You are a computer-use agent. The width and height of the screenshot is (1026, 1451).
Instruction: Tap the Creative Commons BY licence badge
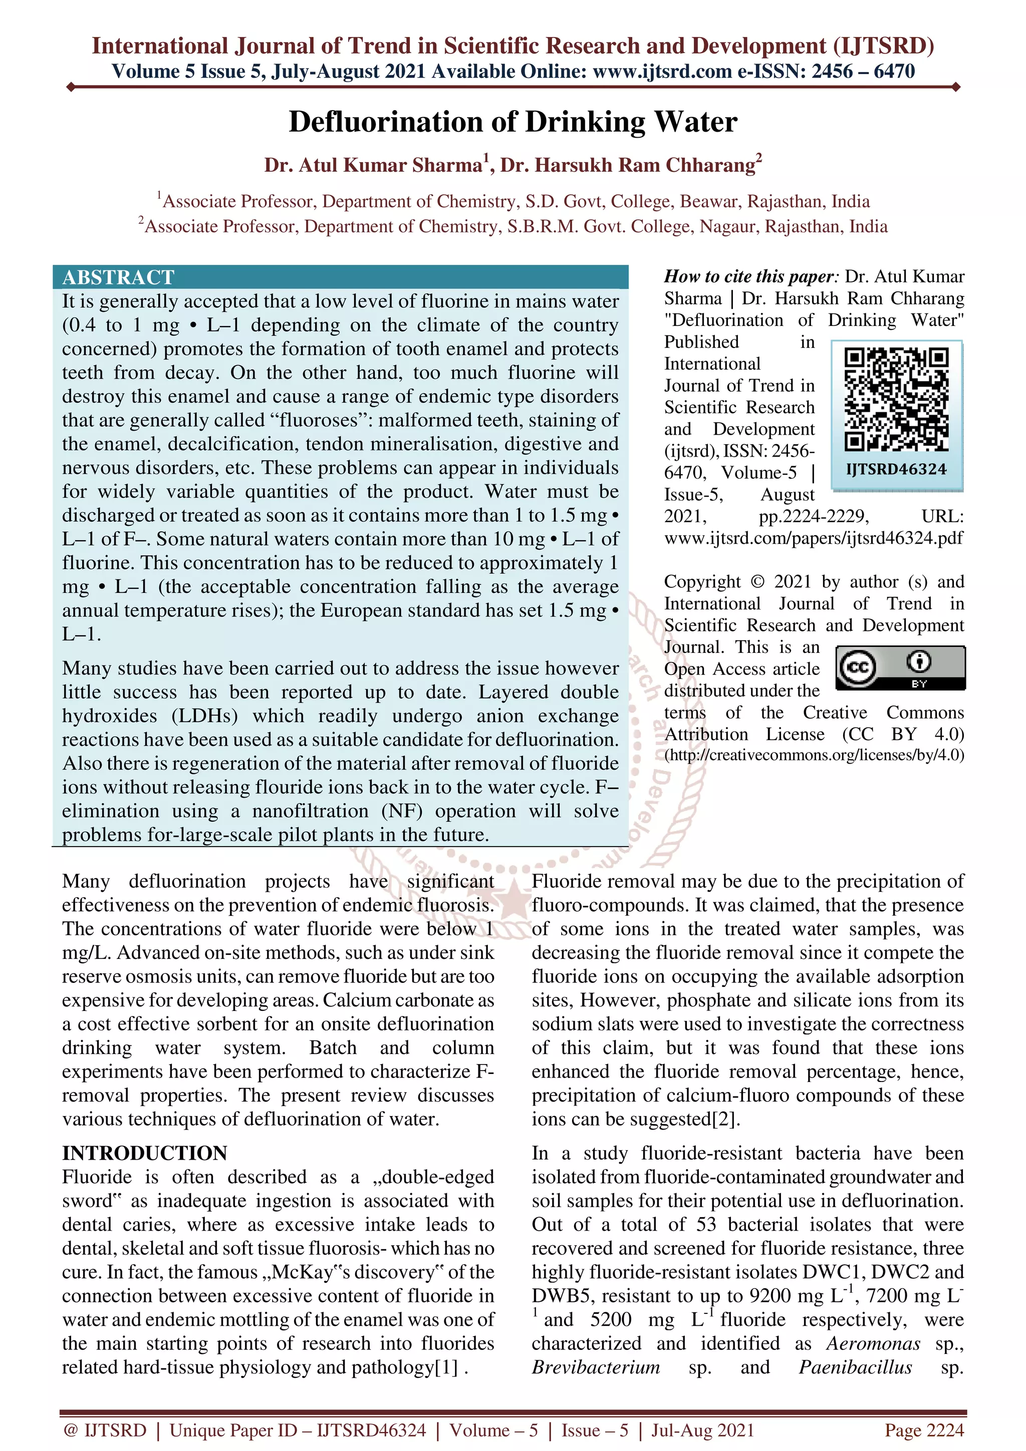coord(900,667)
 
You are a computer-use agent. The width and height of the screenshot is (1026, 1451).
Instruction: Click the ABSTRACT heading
coord(118,277)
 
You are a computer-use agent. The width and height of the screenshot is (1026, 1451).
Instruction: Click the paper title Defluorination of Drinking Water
coord(512,122)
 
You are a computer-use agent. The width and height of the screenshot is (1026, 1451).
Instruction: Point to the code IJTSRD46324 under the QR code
coord(896,470)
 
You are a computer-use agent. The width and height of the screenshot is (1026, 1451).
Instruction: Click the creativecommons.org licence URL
coord(814,755)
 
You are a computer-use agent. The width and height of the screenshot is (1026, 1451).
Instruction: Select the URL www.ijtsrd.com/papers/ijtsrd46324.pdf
coord(814,538)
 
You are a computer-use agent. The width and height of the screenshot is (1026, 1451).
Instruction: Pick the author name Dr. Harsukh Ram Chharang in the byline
coord(627,166)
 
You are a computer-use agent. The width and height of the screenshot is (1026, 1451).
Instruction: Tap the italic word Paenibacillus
coord(855,1367)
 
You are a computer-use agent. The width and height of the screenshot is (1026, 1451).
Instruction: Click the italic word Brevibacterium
coord(596,1367)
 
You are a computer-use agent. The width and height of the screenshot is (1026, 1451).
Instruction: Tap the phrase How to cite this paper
coord(750,277)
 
